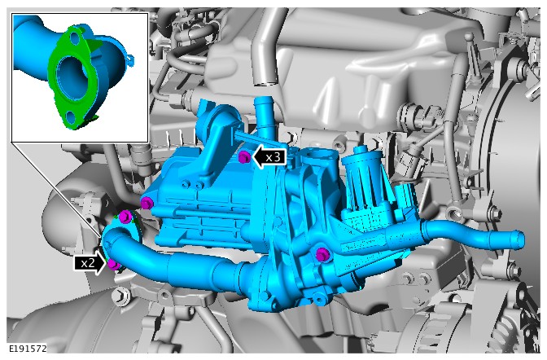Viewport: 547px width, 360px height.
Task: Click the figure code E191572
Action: [27, 349]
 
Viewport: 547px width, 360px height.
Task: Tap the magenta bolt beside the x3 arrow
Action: [243, 157]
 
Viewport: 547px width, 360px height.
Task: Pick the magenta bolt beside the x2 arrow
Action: [113, 265]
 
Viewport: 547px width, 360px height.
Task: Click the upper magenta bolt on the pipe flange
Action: [125, 217]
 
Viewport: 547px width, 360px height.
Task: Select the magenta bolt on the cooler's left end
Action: [147, 203]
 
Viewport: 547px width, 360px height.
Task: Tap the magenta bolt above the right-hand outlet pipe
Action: [322, 254]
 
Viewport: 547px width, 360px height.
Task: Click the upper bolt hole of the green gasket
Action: [74, 39]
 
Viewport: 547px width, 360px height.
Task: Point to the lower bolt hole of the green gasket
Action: [71, 116]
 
